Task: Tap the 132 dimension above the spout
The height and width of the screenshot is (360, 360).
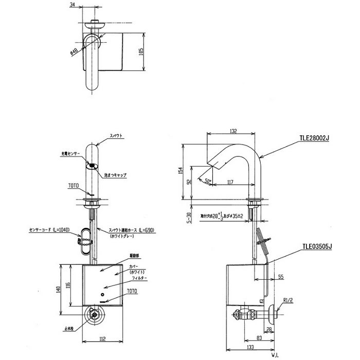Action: coord(232,131)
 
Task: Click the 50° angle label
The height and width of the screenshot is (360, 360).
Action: coord(208,181)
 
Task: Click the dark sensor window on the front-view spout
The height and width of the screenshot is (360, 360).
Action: coord(93,166)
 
